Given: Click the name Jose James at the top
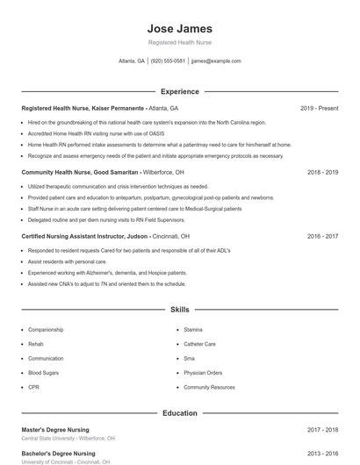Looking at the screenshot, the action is pyautogui.click(x=180, y=28).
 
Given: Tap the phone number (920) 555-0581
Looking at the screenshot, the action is pyautogui.click(x=168, y=61).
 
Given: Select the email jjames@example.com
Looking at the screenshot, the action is pyautogui.click(x=216, y=61).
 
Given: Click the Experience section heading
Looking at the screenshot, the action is pyautogui.click(x=180, y=91).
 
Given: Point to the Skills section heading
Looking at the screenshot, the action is pyautogui.click(x=180, y=310).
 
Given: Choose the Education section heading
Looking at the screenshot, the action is pyautogui.click(x=180, y=412).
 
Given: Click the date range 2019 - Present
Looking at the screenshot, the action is pyautogui.click(x=319, y=108).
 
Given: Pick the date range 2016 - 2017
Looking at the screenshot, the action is pyautogui.click(x=322, y=236).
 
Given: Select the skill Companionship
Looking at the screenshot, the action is pyautogui.click(x=46, y=329).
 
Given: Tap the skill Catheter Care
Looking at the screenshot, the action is pyautogui.click(x=199, y=344).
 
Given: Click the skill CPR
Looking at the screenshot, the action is pyautogui.click(x=33, y=387).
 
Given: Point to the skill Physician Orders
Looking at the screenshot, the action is pyautogui.click(x=203, y=373).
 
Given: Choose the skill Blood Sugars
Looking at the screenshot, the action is pyautogui.click(x=43, y=373).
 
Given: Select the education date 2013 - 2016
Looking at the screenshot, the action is pyautogui.click(x=322, y=454).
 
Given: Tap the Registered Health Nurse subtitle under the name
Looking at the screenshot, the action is pyautogui.click(x=180, y=42).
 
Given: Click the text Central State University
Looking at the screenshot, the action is pyautogui.click(x=47, y=438).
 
